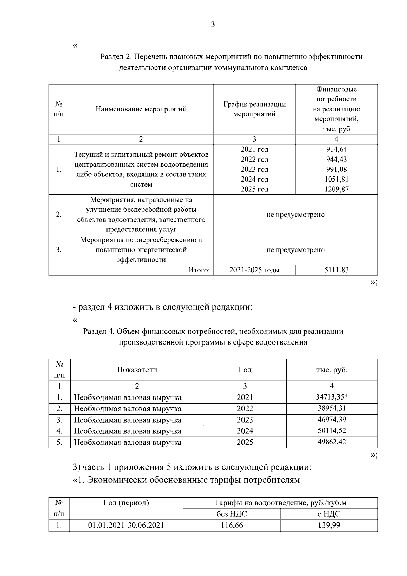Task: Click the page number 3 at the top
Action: click(x=213, y=24)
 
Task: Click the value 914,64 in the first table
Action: click(x=336, y=149)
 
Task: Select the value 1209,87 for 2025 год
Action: click(x=336, y=189)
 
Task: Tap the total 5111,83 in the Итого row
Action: click(x=336, y=270)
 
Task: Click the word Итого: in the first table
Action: click(x=199, y=270)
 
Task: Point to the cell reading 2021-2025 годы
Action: click(x=254, y=270)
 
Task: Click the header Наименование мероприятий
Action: click(x=141, y=109)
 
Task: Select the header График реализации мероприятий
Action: click(x=254, y=109)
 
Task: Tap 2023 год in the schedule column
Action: click(x=254, y=169)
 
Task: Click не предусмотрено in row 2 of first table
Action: click(x=295, y=215)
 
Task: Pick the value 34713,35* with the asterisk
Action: click(x=332, y=397)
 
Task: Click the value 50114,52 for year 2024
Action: click(x=332, y=431)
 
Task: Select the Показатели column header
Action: click(x=137, y=370)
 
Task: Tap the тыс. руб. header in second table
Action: click(x=332, y=370)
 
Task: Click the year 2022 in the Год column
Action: click(x=245, y=408)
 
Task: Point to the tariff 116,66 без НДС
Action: click(x=232, y=525)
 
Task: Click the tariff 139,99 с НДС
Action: click(x=329, y=525)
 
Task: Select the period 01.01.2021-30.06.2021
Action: click(x=126, y=525)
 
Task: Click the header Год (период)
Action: click(x=126, y=503)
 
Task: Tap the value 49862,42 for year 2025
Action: click(x=332, y=442)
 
